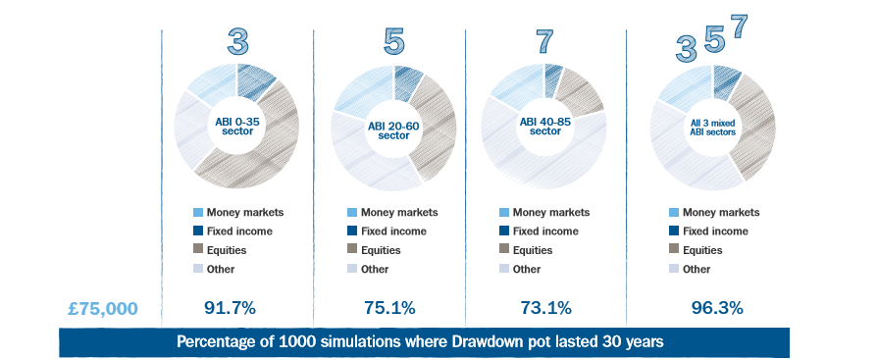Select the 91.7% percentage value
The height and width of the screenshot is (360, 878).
(x=230, y=308)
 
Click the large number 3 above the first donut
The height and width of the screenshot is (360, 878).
(x=237, y=42)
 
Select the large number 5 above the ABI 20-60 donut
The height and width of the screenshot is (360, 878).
(x=392, y=42)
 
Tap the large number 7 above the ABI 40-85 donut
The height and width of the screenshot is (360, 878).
(x=545, y=42)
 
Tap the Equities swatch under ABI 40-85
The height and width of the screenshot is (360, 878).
(x=505, y=250)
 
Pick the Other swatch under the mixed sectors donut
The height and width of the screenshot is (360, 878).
(x=672, y=269)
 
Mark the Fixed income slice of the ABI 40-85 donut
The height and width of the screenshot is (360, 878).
(x=554, y=75)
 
